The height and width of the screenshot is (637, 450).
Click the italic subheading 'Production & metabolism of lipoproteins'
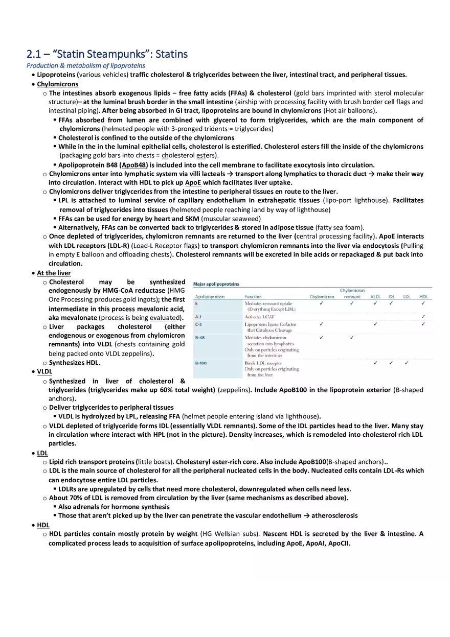(86, 65)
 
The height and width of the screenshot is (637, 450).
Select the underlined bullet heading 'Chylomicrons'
(58, 84)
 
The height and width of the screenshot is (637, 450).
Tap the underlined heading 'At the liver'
(54, 273)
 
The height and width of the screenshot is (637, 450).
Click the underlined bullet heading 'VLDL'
(44, 371)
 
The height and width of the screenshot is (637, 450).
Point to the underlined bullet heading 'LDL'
(43, 453)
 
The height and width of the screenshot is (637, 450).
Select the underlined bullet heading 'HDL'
(43, 525)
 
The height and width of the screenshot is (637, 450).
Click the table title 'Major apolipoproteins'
(216, 284)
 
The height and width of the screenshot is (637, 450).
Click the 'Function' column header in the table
(253, 296)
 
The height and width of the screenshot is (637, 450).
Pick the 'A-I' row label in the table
(198, 317)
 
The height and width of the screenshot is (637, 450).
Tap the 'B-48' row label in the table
(200, 338)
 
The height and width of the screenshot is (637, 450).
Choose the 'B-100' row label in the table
(201, 363)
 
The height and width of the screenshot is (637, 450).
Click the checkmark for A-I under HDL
(423, 317)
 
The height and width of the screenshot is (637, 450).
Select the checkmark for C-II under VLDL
(375, 324)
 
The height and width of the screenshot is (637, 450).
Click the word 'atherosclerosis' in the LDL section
(334, 515)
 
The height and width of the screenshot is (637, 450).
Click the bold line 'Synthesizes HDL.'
(75, 363)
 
